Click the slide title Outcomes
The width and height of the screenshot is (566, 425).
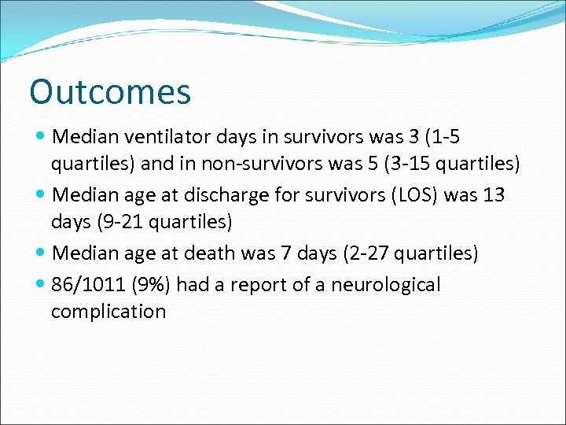110,92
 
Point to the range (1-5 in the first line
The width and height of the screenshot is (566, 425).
440,137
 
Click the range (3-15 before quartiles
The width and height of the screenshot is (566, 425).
421,164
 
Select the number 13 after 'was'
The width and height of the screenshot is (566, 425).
493,194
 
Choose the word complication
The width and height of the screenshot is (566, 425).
108,312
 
